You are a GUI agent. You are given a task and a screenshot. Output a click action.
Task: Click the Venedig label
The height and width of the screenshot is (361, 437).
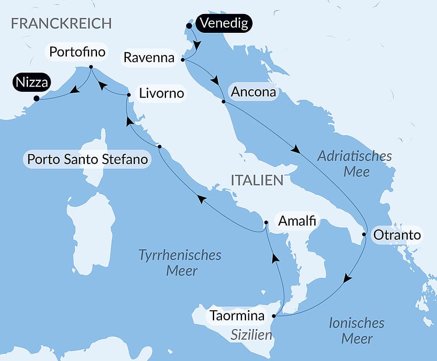pyautogui.click(x=224, y=23)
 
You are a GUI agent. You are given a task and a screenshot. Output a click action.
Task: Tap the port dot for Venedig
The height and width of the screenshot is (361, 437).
pyautogui.click(x=189, y=26)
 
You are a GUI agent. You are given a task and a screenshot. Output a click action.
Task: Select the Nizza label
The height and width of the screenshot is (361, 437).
pyautogui.click(x=31, y=82)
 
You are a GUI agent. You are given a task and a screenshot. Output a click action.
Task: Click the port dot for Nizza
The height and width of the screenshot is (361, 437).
pyautogui.click(x=36, y=98)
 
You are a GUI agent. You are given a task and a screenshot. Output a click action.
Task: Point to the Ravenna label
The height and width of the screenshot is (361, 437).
pyautogui.click(x=149, y=57)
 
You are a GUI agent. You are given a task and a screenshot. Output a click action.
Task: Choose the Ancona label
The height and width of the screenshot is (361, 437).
pyautogui.click(x=253, y=92)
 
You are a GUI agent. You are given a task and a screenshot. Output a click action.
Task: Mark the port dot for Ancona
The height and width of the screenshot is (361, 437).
pyautogui.click(x=223, y=102)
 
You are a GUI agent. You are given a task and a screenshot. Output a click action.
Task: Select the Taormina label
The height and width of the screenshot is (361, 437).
pyautogui.click(x=237, y=315)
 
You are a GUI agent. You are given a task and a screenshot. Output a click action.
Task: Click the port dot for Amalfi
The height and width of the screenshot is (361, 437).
pyautogui.click(x=266, y=222)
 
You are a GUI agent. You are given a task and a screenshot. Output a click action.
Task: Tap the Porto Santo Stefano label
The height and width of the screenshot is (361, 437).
pyautogui.click(x=87, y=159)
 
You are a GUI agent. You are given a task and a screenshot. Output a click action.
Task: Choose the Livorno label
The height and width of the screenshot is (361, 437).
pyautogui.click(x=161, y=94)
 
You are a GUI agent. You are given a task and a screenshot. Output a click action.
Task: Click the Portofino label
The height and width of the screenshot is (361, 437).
pyautogui.click(x=77, y=52)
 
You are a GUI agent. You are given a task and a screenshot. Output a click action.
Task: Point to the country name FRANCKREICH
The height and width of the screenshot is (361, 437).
pyautogui.click(x=61, y=24)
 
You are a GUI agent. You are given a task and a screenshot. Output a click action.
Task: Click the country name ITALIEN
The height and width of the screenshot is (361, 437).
pyautogui.click(x=257, y=180)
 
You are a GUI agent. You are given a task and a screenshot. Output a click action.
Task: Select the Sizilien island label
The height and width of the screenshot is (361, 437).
pyautogui.click(x=251, y=335)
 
